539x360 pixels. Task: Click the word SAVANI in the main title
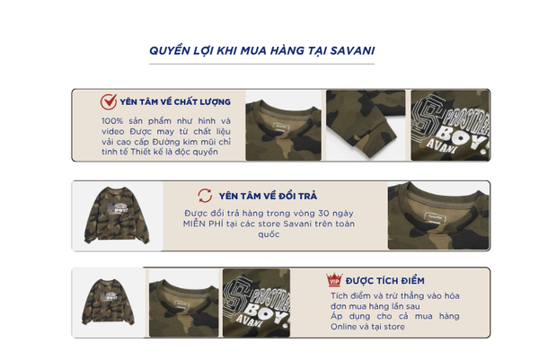pyautogui.click(x=352, y=51)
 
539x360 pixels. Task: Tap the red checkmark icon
pyautogui.click(x=109, y=101)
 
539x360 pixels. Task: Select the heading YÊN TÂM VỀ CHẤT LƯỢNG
pyautogui.click(x=175, y=102)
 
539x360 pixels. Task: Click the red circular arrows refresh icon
pyautogui.click(x=205, y=196)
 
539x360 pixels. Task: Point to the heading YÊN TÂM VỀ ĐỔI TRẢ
pyautogui.click(x=268, y=196)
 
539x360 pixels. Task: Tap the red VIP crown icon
pyautogui.click(x=334, y=280)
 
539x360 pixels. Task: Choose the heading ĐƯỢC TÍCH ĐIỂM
pyautogui.click(x=385, y=281)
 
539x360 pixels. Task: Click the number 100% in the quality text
pyautogui.click(x=112, y=121)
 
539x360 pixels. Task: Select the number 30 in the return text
pyautogui.click(x=323, y=214)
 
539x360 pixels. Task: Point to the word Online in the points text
pyautogui.click(x=343, y=327)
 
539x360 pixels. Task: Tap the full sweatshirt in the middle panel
pyautogui.click(x=117, y=215)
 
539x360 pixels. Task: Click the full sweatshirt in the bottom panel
pyautogui.click(x=108, y=302)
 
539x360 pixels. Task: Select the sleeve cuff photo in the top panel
pyautogui.click(x=366, y=125)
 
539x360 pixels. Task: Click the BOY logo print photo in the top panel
pyautogui.click(x=450, y=125)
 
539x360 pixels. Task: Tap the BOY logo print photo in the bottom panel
pyautogui.click(x=256, y=303)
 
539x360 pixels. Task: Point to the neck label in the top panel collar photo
pyautogui.click(x=281, y=127)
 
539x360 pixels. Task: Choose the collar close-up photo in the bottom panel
pyautogui.click(x=184, y=303)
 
